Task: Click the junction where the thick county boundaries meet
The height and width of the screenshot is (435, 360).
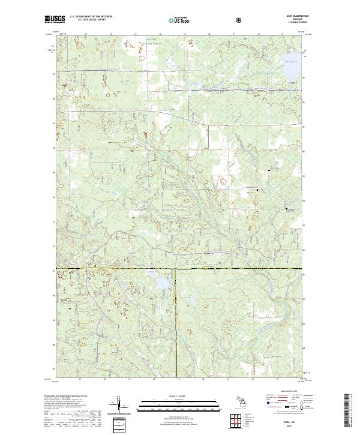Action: pos(176,268)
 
